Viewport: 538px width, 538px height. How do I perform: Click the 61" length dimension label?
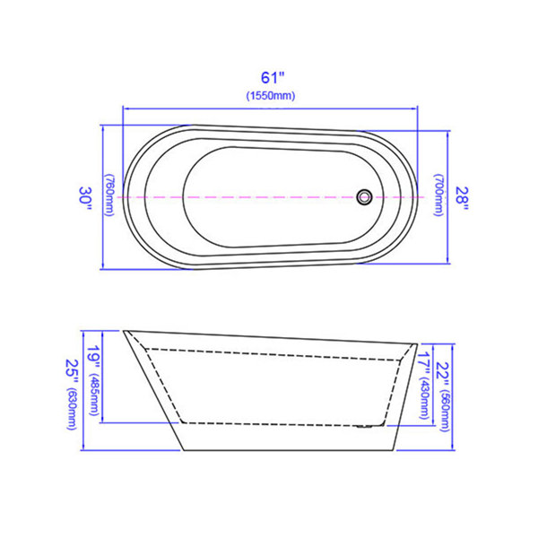tap(273, 77)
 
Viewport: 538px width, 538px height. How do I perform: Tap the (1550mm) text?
tap(271, 95)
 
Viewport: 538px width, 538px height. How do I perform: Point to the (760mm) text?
tap(109, 195)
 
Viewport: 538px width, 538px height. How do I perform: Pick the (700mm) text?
tap(438, 195)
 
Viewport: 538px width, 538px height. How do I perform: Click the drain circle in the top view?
tap(364, 197)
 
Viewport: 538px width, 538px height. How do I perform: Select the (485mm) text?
tap(94, 395)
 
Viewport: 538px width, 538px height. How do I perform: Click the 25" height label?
tap(72, 371)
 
